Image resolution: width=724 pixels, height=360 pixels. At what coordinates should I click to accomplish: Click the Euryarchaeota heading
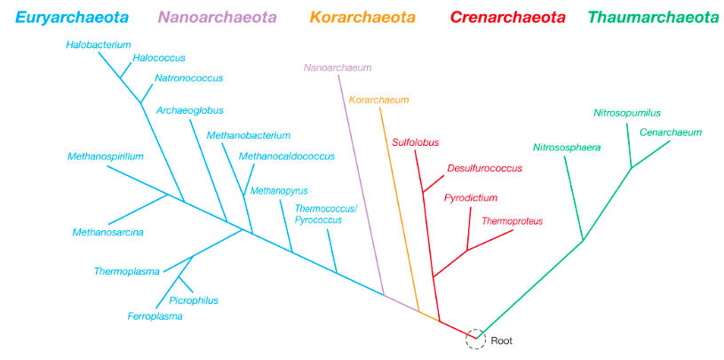(71, 17)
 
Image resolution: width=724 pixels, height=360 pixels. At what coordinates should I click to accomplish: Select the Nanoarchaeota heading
(217, 17)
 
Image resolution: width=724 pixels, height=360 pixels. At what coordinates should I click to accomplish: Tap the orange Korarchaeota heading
(362, 17)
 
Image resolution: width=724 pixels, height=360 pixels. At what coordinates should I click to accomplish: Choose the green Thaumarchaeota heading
(653, 17)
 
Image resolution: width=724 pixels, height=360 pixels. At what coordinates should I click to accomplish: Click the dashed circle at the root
(476, 339)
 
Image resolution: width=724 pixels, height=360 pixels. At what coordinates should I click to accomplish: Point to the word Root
(502, 340)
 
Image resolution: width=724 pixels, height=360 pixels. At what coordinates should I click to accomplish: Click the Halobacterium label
(98, 44)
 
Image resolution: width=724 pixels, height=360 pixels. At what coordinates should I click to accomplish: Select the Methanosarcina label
(108, 232)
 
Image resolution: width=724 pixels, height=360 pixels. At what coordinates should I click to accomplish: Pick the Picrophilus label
(193, 300)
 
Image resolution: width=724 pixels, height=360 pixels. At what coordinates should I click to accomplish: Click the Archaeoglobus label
(189, 110)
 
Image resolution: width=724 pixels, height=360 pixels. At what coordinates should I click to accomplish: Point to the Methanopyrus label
(279, 190)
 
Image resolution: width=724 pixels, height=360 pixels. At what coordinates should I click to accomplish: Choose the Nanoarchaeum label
(337, 68)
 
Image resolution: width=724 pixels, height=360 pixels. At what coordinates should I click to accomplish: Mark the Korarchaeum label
(378, 100)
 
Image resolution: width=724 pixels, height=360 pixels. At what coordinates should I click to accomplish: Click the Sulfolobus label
(415, 141)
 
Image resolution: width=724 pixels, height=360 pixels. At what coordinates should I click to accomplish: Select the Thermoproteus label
(512, 220)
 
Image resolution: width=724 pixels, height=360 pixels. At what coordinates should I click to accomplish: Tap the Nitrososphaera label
(567, 147)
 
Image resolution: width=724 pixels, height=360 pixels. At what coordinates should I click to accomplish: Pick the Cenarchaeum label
(670, 132)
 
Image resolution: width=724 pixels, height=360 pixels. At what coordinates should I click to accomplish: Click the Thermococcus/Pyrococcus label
(325, 213)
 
